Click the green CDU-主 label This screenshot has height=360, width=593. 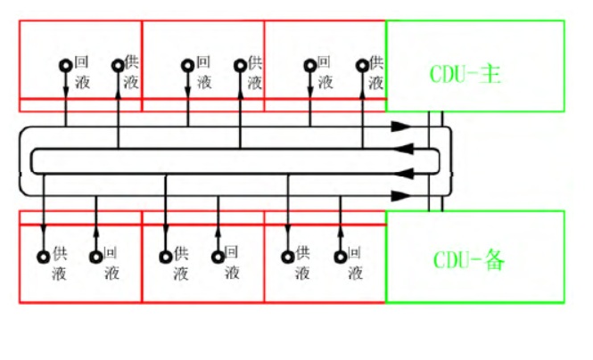tap(465, 74)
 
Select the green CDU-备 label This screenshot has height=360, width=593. tap(469, 260)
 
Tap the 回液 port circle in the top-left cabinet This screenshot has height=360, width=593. tap(66, 66)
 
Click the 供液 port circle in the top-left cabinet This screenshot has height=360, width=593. tap(118, 66)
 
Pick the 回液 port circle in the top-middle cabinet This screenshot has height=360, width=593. tap(187, 66)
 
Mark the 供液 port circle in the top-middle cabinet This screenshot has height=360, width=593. tap(240, 66)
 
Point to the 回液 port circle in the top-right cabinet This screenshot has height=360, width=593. tap(310, 66)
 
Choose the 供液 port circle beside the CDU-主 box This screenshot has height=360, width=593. tap(362, 66)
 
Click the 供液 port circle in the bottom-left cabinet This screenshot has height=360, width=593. tap(44, 257)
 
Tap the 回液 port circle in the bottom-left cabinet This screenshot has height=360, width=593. tap(95, 257)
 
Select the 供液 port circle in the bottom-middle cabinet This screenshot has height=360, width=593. tap(166, 257)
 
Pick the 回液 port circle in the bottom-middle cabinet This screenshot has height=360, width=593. tap(218, 257)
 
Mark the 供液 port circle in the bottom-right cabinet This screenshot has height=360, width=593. tap(288, 257)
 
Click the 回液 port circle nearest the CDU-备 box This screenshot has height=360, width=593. tap(341, 257)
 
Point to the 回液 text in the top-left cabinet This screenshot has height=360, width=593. tap(82, 72)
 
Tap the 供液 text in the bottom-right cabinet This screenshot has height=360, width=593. tap(302, 263)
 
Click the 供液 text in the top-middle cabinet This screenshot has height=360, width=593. tap(255, 72)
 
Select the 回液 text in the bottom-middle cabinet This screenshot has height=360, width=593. tap(232, 263)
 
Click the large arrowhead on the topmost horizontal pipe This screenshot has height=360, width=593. tap(401, 127)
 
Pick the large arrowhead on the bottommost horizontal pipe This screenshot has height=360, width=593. tap(401, 196)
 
